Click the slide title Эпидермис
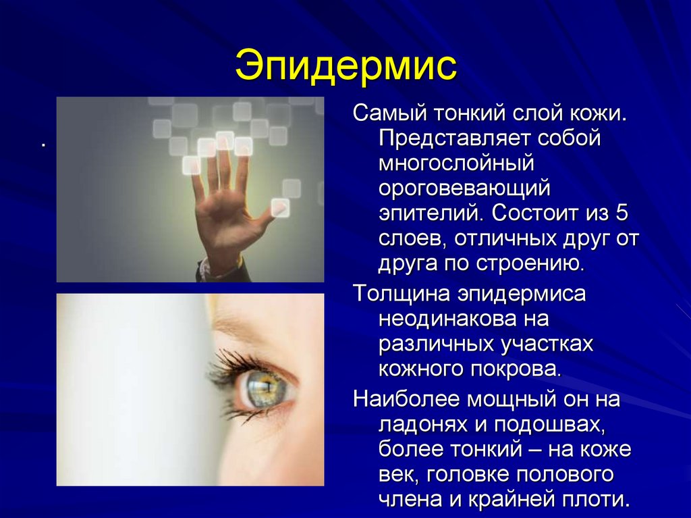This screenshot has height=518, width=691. click(x=345, y=66)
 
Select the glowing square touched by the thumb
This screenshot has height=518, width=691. click(x=279, y=207)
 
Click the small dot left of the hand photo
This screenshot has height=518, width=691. click(x=42, y=144)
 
